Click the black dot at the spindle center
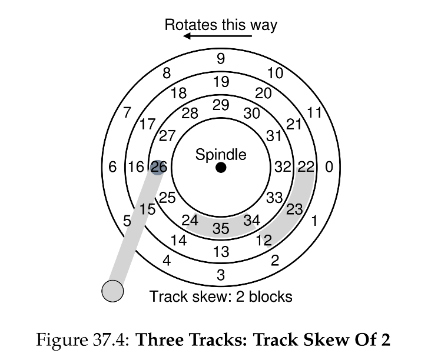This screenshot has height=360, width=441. (221, 168)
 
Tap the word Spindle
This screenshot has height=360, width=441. (221, 155)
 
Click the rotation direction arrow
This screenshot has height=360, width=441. (217, 36)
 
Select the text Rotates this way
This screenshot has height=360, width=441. (220, 25)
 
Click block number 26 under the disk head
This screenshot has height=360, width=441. (159, 167)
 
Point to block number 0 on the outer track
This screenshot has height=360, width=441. (329, 167)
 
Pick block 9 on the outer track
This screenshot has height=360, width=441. (221, 59)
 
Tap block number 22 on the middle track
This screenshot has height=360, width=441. (306, 167)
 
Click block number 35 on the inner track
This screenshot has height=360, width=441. (221, 228)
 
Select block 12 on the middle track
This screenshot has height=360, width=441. (264, 240)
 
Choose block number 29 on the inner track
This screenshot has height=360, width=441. (221, 105)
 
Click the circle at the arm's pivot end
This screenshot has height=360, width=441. (112, 291)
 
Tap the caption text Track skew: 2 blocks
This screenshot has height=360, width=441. (221, 296)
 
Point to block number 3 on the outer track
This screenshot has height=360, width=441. (221, 275)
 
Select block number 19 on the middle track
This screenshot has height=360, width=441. (221, 82)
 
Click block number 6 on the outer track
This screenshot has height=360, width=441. (112, 167)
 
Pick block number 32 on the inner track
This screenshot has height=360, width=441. (283, 167)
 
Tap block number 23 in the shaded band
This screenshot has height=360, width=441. (294, 209)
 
